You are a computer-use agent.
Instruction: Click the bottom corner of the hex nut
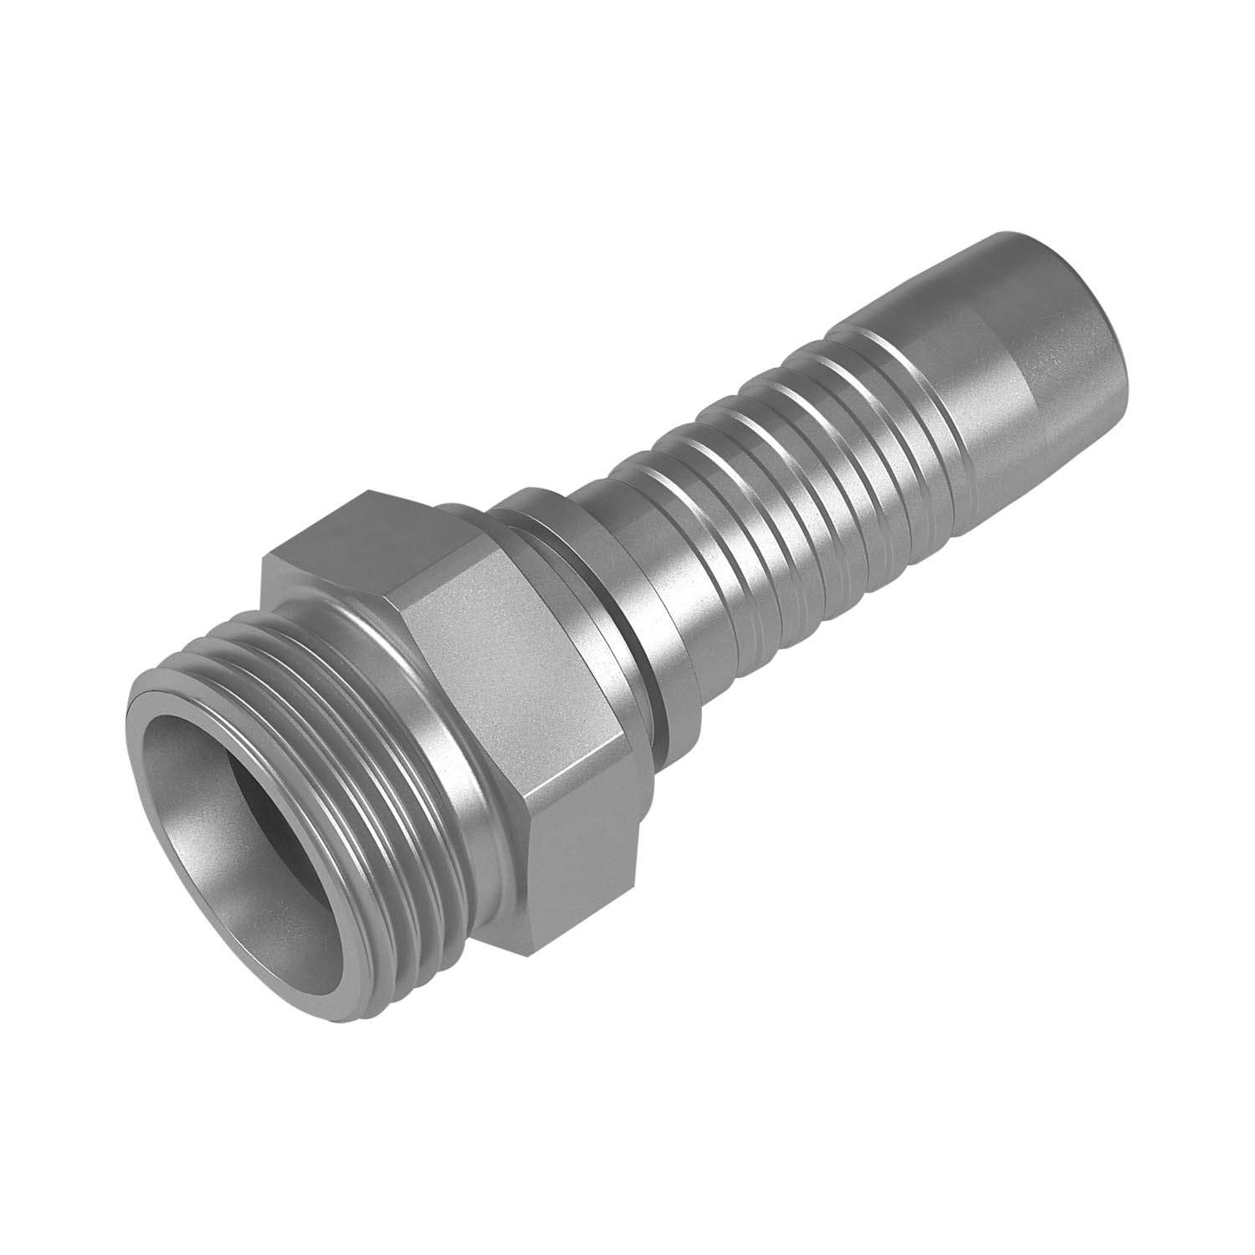[544, 954]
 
